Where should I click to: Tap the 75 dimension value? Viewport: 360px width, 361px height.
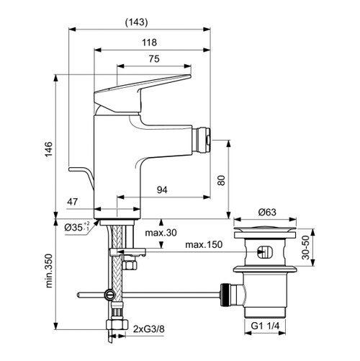coord(153,61)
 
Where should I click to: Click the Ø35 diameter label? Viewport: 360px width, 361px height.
coord(75,228)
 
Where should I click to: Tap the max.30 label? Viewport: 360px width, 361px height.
coord(161,233)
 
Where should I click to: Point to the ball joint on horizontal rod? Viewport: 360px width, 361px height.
coord(109,294)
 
